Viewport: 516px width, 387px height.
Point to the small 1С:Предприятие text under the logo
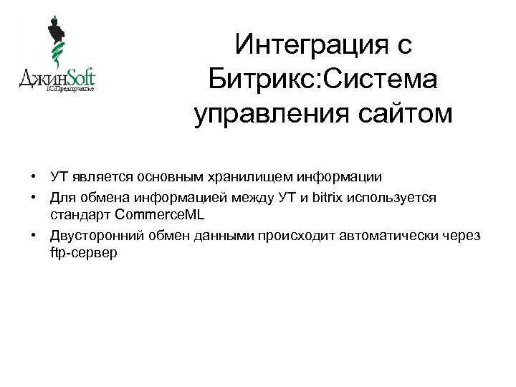pyautogui.click(x=70, y=90)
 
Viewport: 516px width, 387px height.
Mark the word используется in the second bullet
pyautogui.click(x=396, y=196)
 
